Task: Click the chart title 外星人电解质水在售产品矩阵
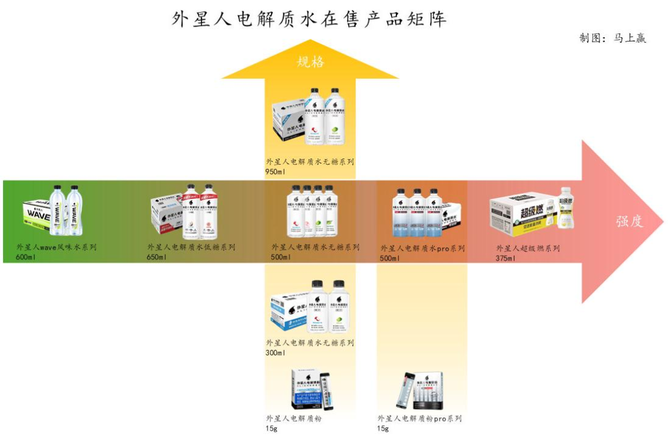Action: click(x=309, y=19)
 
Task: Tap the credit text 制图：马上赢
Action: click(x=612, y=38)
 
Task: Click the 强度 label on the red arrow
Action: click(x=629, y=221)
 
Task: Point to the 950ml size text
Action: click(x=275, y=172)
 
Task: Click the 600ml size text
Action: click(x=26, y=257)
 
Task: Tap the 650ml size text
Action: click(x=156, y=257)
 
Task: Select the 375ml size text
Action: click(x=505, y=258)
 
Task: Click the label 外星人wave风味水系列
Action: click(x=56, y=247)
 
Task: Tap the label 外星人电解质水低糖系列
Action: click(x=191, y=247)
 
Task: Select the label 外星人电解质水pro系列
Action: click(x=422, y=248)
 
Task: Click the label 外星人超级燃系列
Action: click(x=528, y=248)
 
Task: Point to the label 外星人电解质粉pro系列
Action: click(x=420, y=419)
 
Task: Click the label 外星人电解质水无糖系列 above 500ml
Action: click(x=315, y=247)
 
